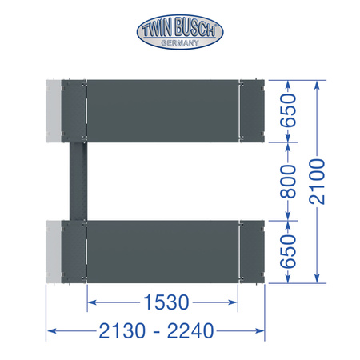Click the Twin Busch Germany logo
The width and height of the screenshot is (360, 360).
pos(180,32)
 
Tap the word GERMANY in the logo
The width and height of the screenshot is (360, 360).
pos(180,42)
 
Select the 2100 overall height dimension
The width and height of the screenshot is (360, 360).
pos(317,182)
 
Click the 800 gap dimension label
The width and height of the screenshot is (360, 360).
pos(288,182)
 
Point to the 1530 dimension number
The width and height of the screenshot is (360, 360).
pos(166,302)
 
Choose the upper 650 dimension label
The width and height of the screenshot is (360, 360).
pos(288,110)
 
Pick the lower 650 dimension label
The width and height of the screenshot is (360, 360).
pos(288,251)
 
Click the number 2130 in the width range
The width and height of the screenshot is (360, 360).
pos(122,331)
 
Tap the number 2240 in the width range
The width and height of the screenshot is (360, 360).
pos(190,331)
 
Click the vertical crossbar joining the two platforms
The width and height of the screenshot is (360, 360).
pos(78,182)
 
